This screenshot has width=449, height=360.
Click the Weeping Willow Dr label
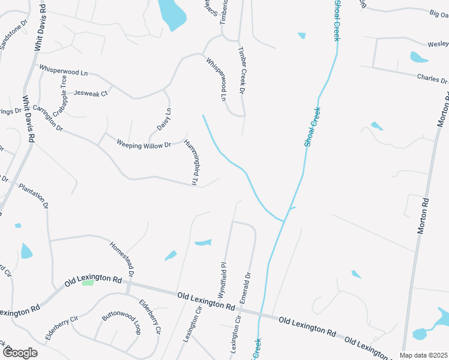(143, 144)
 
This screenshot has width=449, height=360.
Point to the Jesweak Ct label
(90, 94)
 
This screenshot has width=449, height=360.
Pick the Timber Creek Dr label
(242, 71)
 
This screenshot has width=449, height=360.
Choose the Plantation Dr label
(34, 196)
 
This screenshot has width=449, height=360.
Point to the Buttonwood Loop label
(121, 322)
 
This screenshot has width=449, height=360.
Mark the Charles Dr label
(432, 79)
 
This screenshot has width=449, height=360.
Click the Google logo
(19, 352)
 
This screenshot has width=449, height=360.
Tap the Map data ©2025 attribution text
(423, 355)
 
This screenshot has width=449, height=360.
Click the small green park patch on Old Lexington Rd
(88, 282)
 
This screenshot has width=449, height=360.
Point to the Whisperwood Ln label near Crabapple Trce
(63, 70)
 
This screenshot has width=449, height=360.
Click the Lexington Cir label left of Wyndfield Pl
(191, 328)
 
